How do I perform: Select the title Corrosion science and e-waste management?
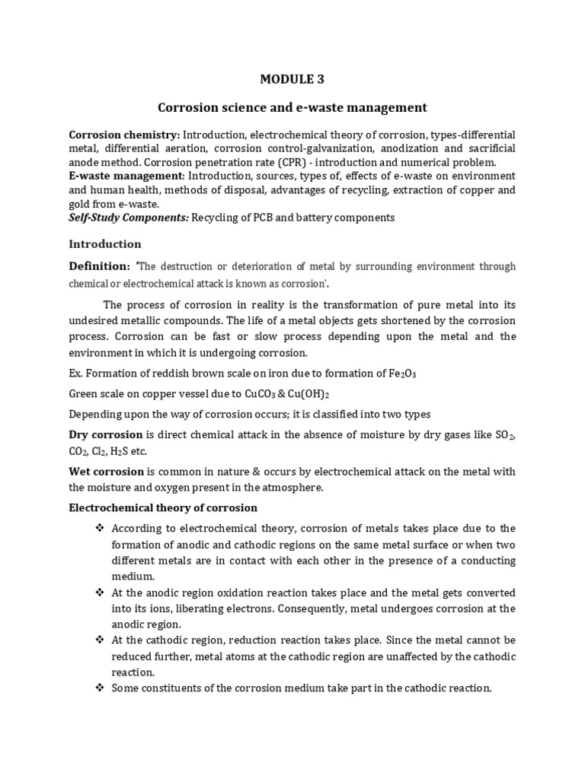coord(292,107)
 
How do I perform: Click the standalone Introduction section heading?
coord(105,244)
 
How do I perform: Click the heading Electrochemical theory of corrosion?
coord(163,507)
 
